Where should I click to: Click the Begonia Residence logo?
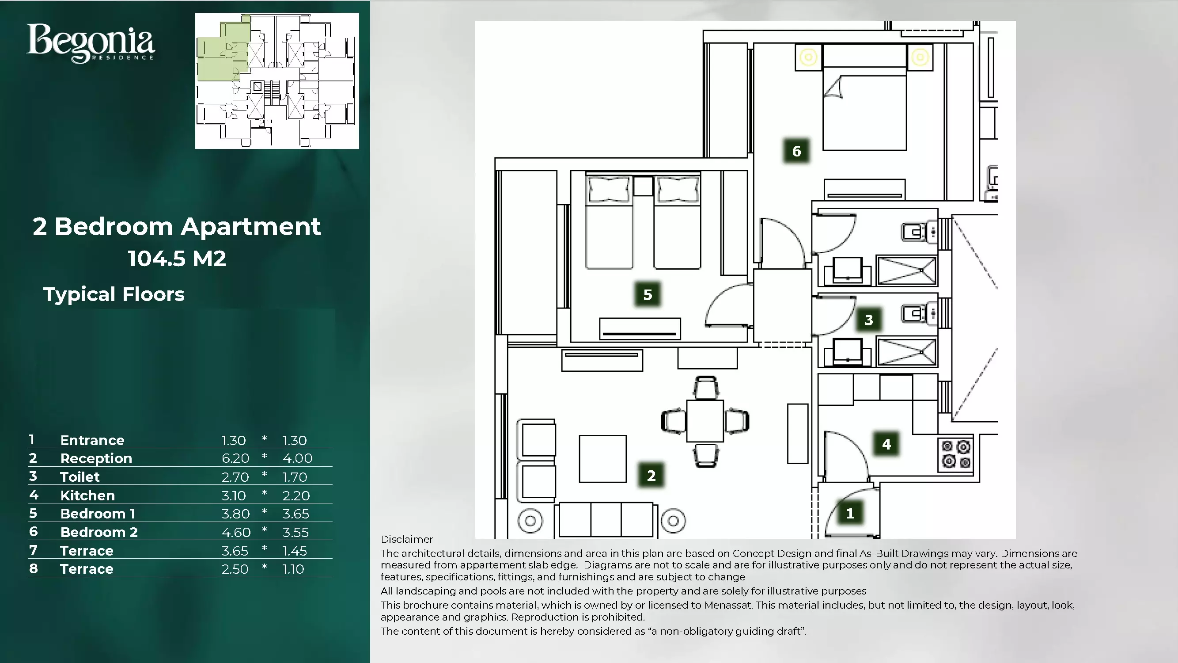click(x=91, y=43)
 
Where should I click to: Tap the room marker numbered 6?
click(x=796, y=151)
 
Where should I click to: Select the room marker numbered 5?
click(x=648, y=294)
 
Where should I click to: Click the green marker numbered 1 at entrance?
click(x=850, y=513)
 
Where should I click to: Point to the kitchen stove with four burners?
click(x=956, y=454)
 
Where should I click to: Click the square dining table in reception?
click(x=705, y=421)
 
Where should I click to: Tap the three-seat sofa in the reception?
click(x=606, y=520)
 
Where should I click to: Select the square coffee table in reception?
click(x=602, y=458)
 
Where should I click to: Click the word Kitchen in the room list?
click(x=87, y=495)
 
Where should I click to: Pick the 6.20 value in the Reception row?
click(x=235, y=458)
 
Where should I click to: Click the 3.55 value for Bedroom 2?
click(x=295, y=532)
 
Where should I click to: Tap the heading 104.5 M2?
click(x=177, y=259)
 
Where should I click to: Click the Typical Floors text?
click(x=114, y=294)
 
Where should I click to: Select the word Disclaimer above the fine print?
click(x=406, y=539)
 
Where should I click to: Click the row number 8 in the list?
click(x=33, y=569)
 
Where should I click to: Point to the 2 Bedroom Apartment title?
click(x=177, y=226)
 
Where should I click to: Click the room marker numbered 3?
click(x=868, y=320)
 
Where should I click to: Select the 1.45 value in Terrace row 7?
click(x=295, y=550)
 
